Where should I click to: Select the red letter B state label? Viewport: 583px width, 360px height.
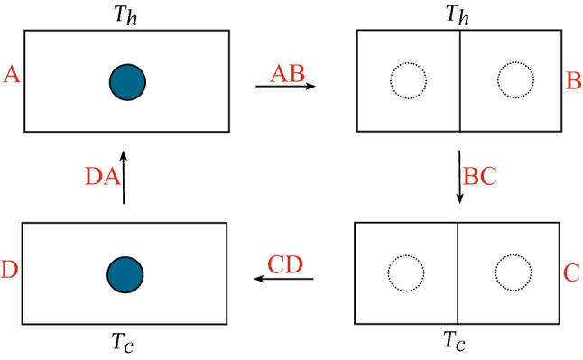pos(572,81)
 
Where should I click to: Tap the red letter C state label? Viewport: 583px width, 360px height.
pos(571,270)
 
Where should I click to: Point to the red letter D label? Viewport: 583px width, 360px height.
pos(10,268)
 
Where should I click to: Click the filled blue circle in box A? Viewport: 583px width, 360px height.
pos(127,80)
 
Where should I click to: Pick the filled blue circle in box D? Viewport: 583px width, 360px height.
pos(125,272)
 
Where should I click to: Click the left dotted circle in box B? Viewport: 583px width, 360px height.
pos(408,80)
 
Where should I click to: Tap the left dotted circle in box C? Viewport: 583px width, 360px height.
pos(404,272)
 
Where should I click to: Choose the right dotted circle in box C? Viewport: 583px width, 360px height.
pos(514,272)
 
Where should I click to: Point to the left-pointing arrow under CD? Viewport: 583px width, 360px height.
pos(283,280)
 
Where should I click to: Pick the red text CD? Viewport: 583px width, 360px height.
pos(285,263)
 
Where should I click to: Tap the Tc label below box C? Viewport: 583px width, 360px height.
pos(458,343)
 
